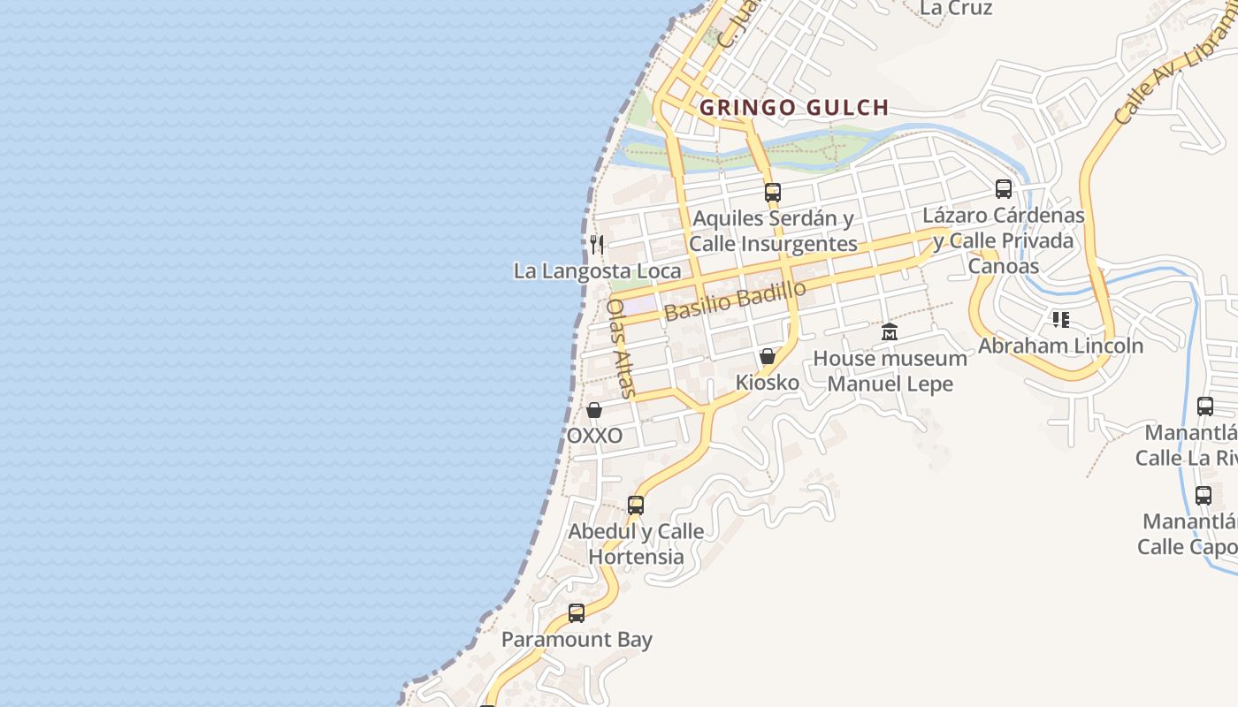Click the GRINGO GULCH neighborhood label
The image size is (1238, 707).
tap(794, 108)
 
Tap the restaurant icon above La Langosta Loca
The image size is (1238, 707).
tap(597, 243)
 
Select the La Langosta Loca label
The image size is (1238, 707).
tap(598, 270)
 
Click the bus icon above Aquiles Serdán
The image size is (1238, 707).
tap(773, 192)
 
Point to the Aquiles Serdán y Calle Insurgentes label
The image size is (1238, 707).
tap(774, 231)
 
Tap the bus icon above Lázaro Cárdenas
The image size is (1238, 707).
tap(1003, 188)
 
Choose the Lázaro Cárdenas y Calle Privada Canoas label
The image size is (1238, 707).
tap(1004, 240)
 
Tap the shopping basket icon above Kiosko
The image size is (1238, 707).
tap(768, 356)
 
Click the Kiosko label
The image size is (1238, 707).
tap(768, 383)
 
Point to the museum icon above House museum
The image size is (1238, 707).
tap(890, 332)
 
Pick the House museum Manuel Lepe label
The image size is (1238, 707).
tap(890, 371)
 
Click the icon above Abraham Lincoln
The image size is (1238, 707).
tap(1060, 319)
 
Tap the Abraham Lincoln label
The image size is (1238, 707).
tap(1060, 346)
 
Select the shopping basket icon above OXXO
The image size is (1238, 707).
tap(594, 410)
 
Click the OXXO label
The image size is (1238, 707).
tap(594, 436)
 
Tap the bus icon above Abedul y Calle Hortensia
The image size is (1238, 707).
tap(636, 506)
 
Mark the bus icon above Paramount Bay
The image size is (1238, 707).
tap(577, 612)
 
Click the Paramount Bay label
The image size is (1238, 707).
tap(577, 640)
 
